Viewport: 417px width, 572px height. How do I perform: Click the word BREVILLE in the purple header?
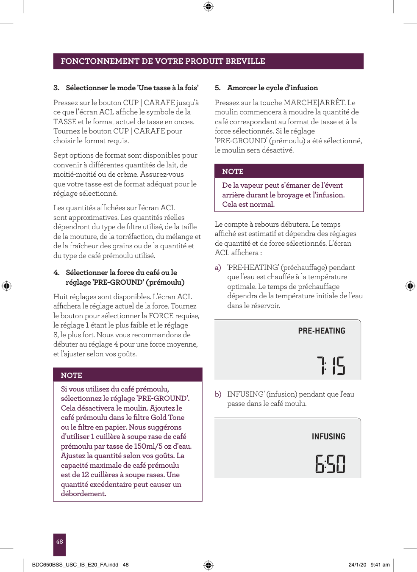click(245, 61)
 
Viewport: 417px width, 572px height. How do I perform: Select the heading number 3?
click(56, 88)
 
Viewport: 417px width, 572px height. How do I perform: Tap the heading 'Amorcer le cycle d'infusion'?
click(272, 88)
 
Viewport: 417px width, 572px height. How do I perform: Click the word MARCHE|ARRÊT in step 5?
click(314, 103)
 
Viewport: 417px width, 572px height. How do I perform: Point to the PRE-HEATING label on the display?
click(322, 331)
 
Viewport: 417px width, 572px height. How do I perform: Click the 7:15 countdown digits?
click(331, 366)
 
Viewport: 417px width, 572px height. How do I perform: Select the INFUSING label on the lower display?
click(328, 436)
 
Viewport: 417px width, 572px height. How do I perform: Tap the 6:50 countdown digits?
click(330, 464)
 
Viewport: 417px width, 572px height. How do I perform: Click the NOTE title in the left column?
click(71, 375)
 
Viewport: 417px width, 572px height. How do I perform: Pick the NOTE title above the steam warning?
click(233, 172)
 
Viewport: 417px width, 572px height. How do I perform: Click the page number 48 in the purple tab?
click(59, 541)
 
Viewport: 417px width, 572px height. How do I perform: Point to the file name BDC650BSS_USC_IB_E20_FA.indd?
click(75, 565)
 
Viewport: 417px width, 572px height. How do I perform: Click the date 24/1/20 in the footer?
click(357, 565)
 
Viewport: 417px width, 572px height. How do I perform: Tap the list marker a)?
click(218, 267)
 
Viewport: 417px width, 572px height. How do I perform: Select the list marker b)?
click(218, 394)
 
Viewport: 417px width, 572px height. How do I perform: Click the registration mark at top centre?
click(208, 6)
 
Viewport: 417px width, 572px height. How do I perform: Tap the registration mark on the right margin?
click(410, 286)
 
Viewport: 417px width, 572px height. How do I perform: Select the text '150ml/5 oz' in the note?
click(153, 446)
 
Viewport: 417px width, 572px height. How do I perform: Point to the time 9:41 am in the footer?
click(380, 565)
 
